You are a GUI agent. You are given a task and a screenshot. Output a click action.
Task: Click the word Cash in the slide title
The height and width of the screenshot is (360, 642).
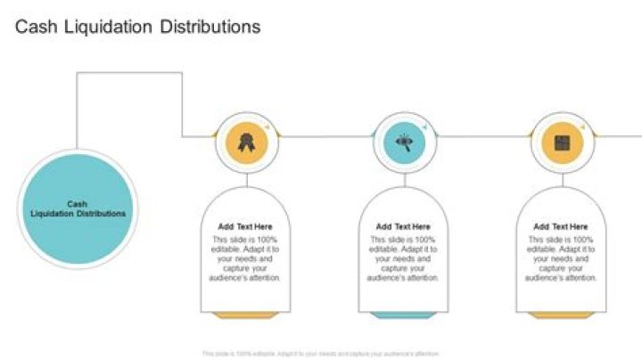[x=34, y=27]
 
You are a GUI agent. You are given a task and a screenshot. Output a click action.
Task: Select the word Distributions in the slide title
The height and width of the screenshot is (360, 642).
[x=210, y=27]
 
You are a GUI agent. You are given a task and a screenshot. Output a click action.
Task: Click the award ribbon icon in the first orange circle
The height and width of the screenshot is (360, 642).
[x=246, y=141]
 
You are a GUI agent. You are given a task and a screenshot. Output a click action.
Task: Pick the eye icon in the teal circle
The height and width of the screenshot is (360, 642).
[x=405, y=141]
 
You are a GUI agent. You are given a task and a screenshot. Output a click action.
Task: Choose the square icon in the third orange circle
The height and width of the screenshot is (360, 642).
[x=563, y=141]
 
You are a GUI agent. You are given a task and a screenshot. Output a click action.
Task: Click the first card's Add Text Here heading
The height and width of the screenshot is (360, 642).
[x=246, y=227]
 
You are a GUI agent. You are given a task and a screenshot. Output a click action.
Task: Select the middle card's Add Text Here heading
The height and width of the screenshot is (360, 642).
[x=403, y=227]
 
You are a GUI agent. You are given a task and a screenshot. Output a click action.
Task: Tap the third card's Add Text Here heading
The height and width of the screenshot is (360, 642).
[x=561, y=227]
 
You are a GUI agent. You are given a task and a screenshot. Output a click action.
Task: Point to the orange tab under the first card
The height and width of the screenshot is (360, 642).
[x=246, y=315]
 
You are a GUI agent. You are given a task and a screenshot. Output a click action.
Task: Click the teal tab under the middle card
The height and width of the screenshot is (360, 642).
[x=403, y=315]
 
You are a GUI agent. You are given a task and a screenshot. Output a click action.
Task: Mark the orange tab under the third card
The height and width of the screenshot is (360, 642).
[x=561, y=315]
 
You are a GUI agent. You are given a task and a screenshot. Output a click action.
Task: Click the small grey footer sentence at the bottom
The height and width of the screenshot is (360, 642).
[x=321, y=354]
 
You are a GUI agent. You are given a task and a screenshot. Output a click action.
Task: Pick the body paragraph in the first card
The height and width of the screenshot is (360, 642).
[x=246, y=258]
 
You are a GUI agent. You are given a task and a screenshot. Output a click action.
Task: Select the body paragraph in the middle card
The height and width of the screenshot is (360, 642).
[x=403, y=258]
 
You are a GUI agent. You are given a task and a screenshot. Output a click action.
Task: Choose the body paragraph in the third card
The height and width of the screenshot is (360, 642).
[x=561, y=258]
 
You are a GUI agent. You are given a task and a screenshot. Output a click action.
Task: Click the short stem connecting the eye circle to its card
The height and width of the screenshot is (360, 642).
[x=405, y=178]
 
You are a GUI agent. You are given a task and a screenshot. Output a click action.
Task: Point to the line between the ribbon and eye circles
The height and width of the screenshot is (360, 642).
[x=325, y=136]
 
